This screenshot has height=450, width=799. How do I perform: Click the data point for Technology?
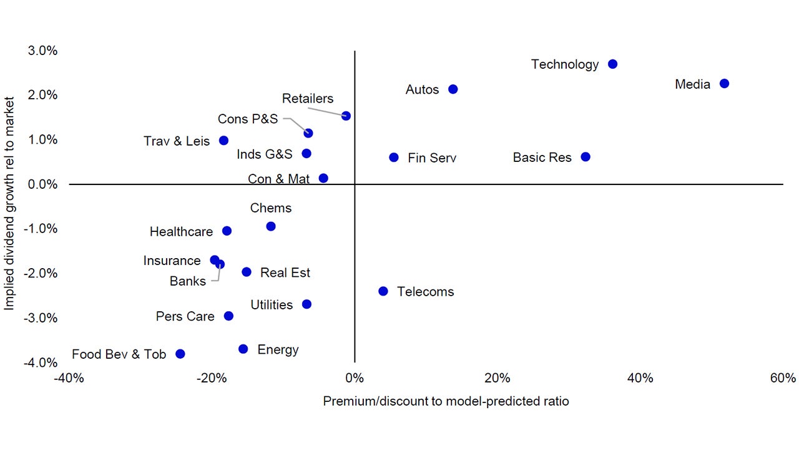[x=612, y=64]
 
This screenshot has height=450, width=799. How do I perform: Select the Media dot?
[x=724, y=84]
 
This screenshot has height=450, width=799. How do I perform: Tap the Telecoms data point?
[x=383, y=291]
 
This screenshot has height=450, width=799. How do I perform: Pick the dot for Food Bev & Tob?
[x=180, y=354]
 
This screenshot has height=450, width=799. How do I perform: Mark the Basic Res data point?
[x=586, y=157]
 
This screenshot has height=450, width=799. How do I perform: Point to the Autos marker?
[x=453, y=89]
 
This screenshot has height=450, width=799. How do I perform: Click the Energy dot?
[x=243, y=349]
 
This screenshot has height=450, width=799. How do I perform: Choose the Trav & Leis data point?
[x=223, y=141]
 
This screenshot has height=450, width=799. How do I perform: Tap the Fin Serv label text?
[x=432, y=158]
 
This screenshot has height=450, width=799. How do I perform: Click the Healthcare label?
[x=181, y=232]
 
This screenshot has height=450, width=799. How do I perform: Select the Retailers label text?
[x=308, y=99]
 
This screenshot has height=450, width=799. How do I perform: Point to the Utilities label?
[x=272, y=305]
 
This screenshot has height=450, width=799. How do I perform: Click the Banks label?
[x=188, y=281]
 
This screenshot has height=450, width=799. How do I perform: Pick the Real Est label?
[x=285, y=272]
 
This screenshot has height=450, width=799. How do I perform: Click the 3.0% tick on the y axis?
[x=43, y=51]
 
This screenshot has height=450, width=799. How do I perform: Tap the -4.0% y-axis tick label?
[x=42, y=362]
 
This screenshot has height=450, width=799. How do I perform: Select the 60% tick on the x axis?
[x=783, y=378]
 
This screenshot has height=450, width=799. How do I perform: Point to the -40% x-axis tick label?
[x=69, y=378]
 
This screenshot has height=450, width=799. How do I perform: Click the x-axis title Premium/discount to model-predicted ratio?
[x=446, y=401]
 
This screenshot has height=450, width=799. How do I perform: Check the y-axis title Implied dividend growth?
[x=9, y=203]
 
